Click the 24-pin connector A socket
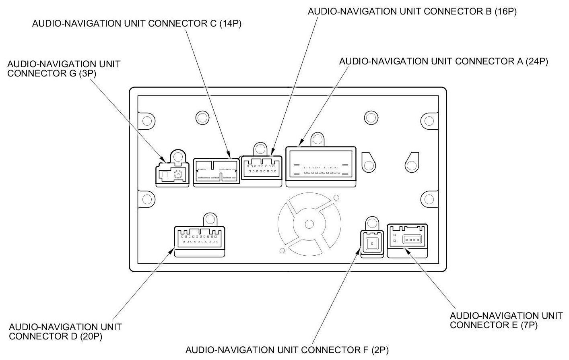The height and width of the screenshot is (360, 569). pos(321,166)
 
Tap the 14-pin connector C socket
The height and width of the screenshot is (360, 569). pos(216,171)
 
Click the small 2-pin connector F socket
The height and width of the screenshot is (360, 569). pos(372,243)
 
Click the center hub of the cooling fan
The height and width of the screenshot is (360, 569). pos(309,224)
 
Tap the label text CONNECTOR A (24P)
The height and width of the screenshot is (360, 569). pos(443,62)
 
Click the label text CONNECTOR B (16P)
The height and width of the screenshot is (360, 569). pos(412,11)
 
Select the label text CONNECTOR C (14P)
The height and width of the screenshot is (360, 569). pos(137,23)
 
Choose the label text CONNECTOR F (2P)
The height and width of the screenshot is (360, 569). pos(287,350)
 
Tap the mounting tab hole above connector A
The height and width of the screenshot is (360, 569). pos(317,140)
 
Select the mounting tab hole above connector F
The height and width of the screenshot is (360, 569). pos(372,223)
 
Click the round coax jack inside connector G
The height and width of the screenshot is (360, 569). pos(178,174)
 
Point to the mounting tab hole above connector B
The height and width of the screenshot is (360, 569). pos(261,149)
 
